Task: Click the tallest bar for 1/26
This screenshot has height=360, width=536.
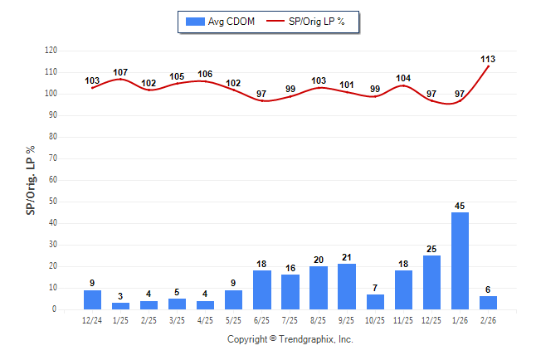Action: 460,260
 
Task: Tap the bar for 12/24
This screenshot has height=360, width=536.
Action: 93,299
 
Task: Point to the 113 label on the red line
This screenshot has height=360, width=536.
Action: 488,59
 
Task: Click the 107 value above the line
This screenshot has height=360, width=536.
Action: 120,72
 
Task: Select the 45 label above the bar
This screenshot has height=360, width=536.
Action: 460,205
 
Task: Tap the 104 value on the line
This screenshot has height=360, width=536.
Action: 403,79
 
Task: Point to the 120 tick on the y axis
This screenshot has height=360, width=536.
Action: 51,51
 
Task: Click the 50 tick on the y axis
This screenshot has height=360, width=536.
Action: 53,202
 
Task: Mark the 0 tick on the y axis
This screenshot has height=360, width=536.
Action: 55,309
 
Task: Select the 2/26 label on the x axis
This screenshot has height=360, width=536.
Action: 488,320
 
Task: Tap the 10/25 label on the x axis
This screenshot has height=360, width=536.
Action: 375,320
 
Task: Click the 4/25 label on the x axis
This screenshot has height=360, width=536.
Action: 206,320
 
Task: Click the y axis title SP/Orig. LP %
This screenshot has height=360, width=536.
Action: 31,180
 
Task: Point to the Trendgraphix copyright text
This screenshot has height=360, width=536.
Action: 290,339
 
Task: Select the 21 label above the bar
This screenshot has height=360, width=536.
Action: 347,257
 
